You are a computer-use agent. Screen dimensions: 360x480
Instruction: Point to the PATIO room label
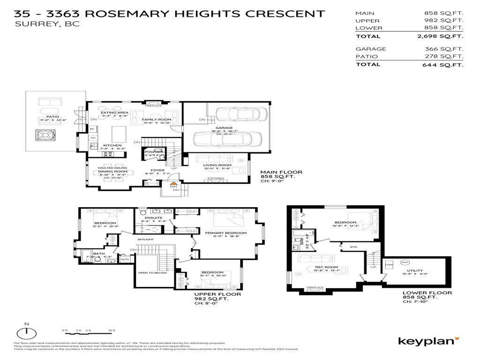pos(52,116)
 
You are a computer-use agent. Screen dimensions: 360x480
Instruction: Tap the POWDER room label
pos(154,152)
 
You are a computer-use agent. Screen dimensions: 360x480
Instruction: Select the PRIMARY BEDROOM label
pos(225,232)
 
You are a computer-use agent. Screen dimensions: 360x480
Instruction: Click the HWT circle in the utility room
pos(405,262)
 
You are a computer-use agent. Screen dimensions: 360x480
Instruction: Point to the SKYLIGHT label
pos(145,240)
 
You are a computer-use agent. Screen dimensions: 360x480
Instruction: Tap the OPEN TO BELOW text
pos(150,272)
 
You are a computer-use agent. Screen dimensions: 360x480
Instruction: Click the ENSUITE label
pos(153,218)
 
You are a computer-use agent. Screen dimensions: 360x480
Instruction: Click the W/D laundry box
pos(125,259)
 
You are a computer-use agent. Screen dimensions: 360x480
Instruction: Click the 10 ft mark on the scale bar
pos(111,331)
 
